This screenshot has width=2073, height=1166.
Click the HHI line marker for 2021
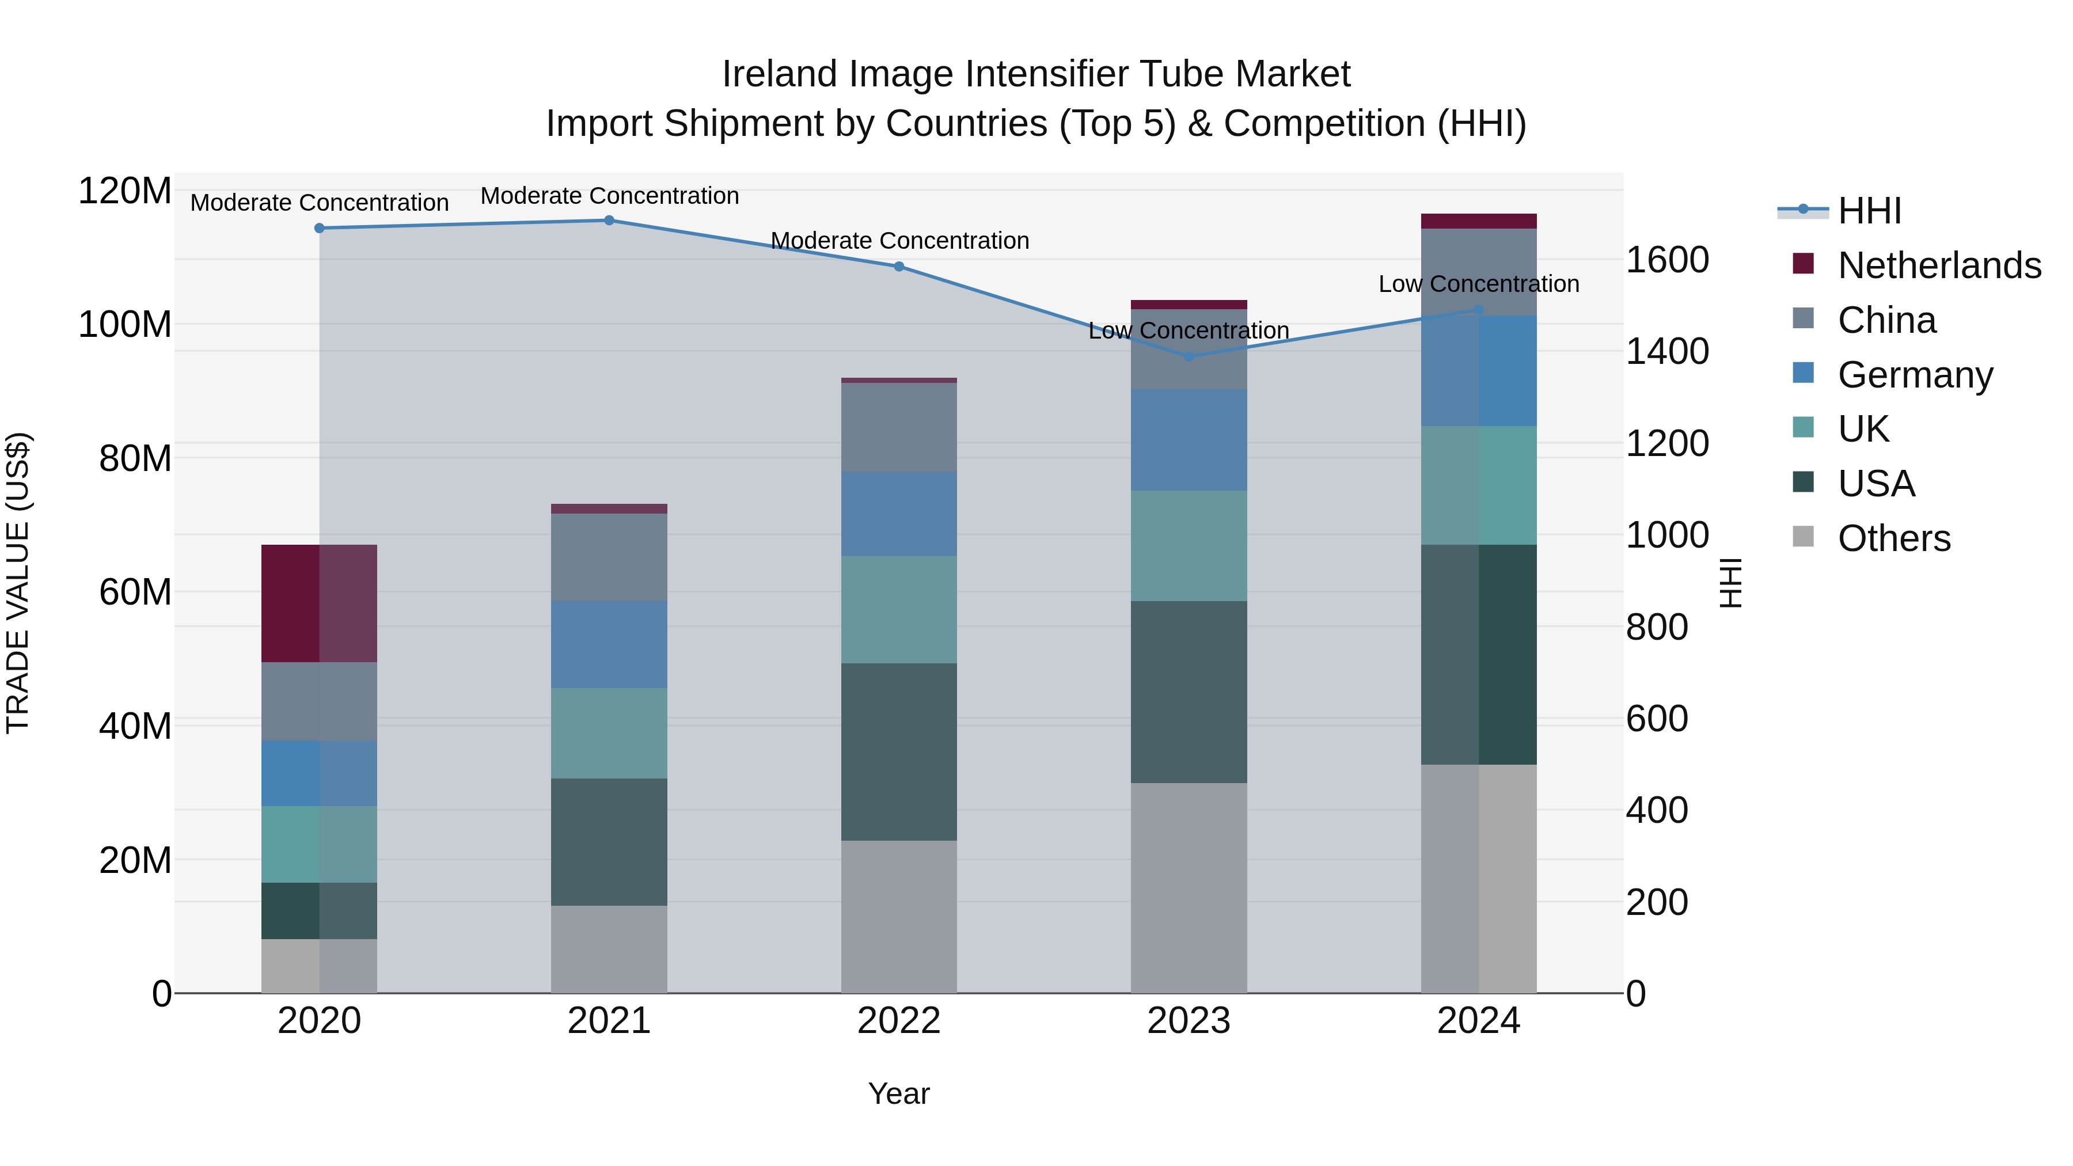click(x=609, y=221)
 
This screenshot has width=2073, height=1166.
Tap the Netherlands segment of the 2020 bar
click(x=320, y=603)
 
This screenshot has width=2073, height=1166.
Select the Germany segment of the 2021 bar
click(x=609, y=644)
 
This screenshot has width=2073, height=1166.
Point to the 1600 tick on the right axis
click(x=1668, y=260)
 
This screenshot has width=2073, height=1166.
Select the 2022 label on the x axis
click(x=899, y=1021)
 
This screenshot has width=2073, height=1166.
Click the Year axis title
click(x=899, y=1093)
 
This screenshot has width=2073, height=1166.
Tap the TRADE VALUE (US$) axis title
click(x=18, y=583)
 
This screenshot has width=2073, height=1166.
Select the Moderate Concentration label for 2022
click(x=899, y=241)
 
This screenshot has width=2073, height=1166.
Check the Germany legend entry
click(x=1915, y=375)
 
